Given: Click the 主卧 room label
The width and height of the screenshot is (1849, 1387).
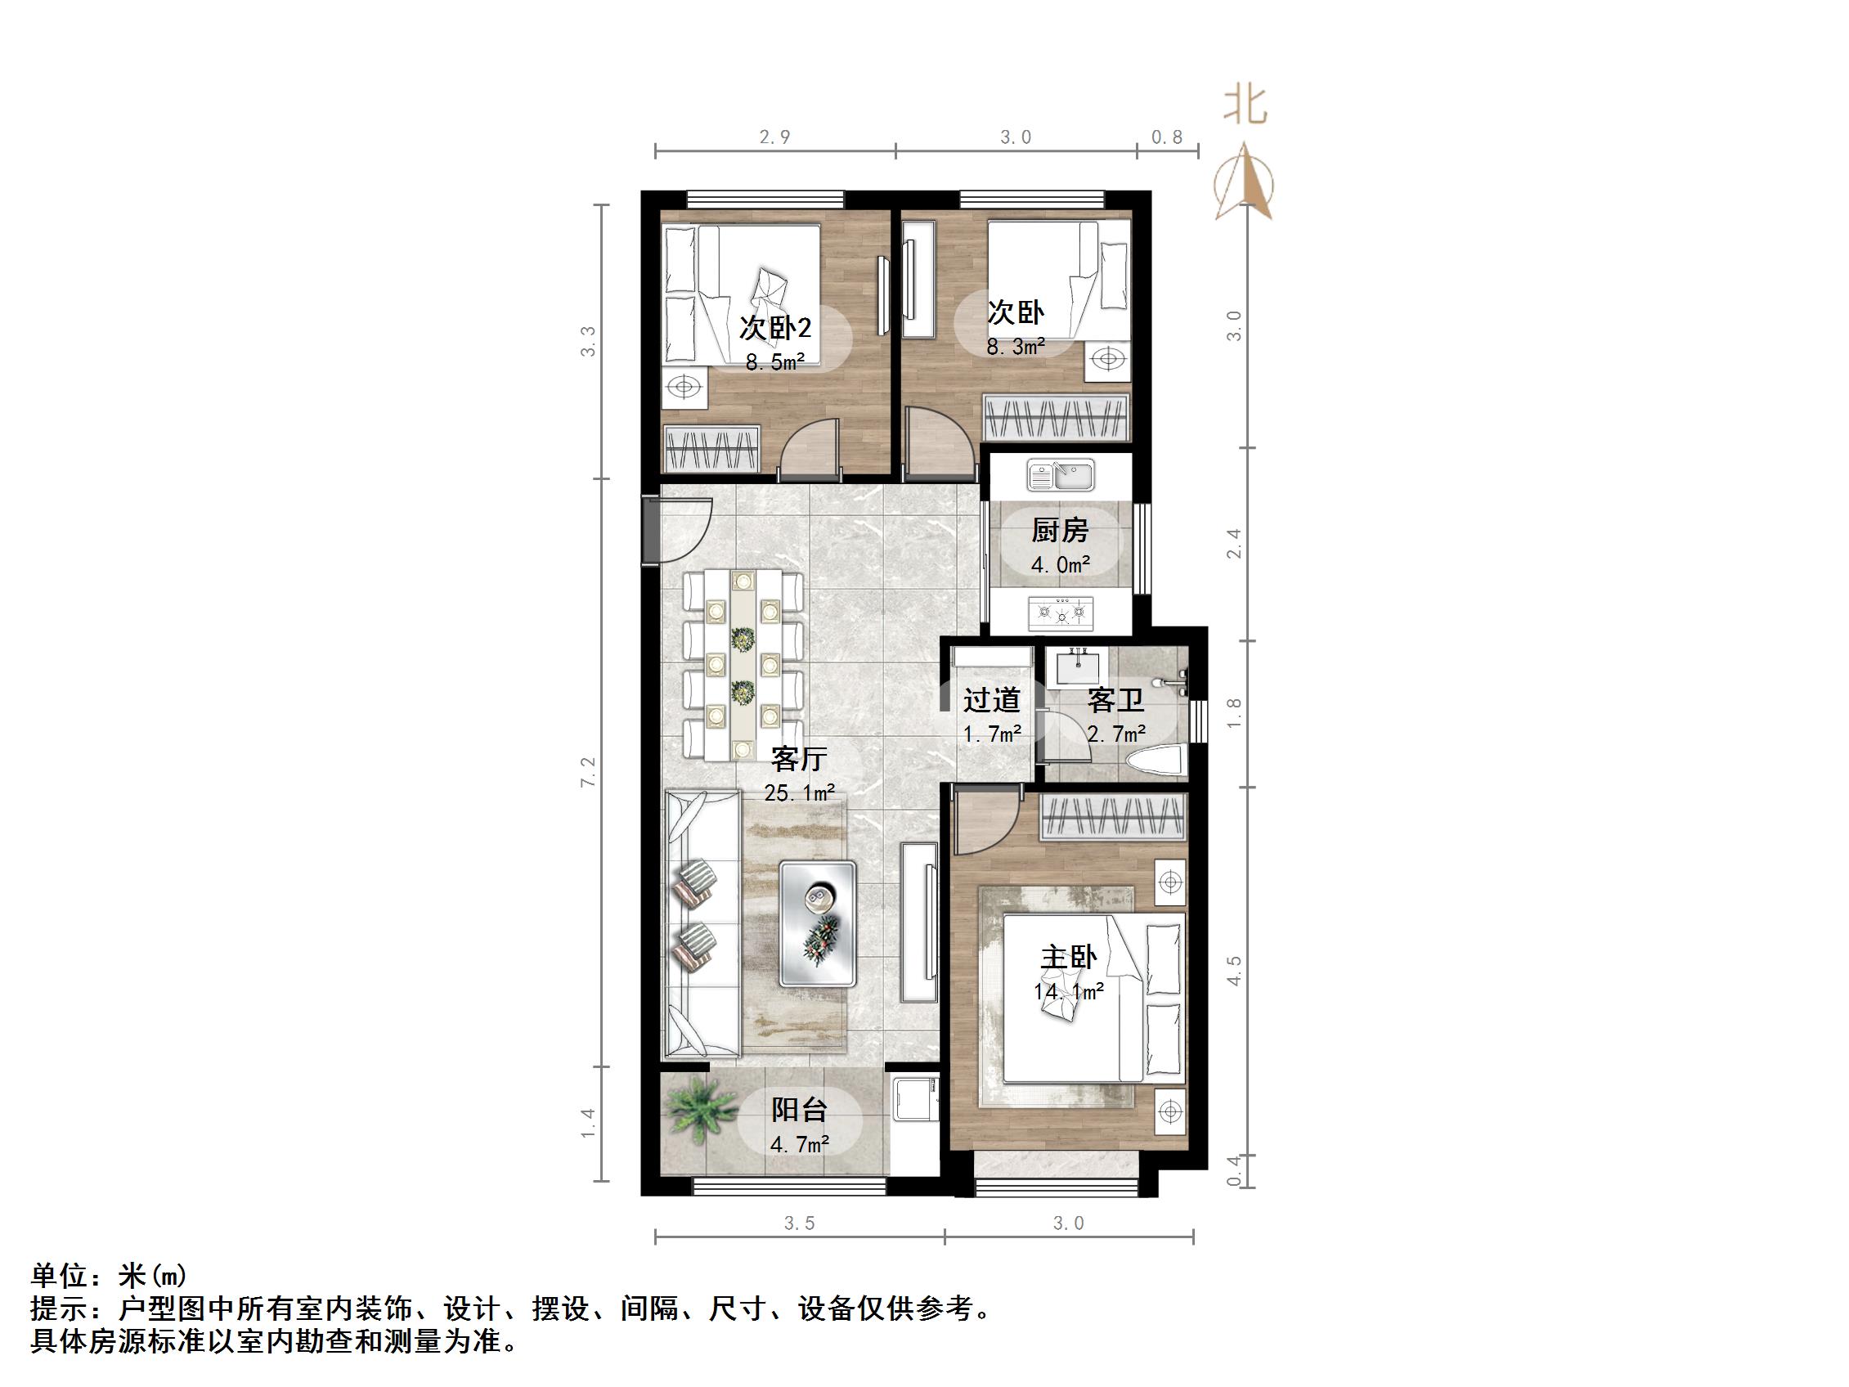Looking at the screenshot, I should click(x=1067, y=958).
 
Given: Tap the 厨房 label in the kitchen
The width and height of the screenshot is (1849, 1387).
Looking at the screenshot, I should click(x=1059, y=530).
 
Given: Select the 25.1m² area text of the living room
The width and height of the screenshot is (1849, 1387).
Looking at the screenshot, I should click(x=799, y=792).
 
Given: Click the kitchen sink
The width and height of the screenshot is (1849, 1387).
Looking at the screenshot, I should click(x=1061, y=477).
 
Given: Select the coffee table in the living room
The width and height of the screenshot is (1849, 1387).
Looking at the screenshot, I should click(x=819, y=924).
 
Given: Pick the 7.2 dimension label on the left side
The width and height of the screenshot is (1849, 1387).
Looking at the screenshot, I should click(x=589, y=772).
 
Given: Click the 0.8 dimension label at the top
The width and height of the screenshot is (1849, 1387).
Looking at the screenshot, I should click(x=1166, y=137).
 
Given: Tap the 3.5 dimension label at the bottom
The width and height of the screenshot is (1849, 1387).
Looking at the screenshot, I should click(x=799, y=1223).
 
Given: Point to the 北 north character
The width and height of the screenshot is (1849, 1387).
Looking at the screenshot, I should click(x=1245, y=106).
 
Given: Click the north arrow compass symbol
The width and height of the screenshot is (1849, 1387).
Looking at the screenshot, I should click(x=1244, y=183).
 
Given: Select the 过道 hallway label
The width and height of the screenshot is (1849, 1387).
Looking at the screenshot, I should click(x=991, y=700).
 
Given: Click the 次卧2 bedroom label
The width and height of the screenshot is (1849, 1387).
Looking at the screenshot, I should click(x=775, y=328).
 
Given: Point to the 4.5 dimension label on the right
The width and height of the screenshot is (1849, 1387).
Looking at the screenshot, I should click(x=1234, y=971).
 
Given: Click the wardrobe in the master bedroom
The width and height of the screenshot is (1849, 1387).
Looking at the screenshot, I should click(x=1112, y=816).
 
